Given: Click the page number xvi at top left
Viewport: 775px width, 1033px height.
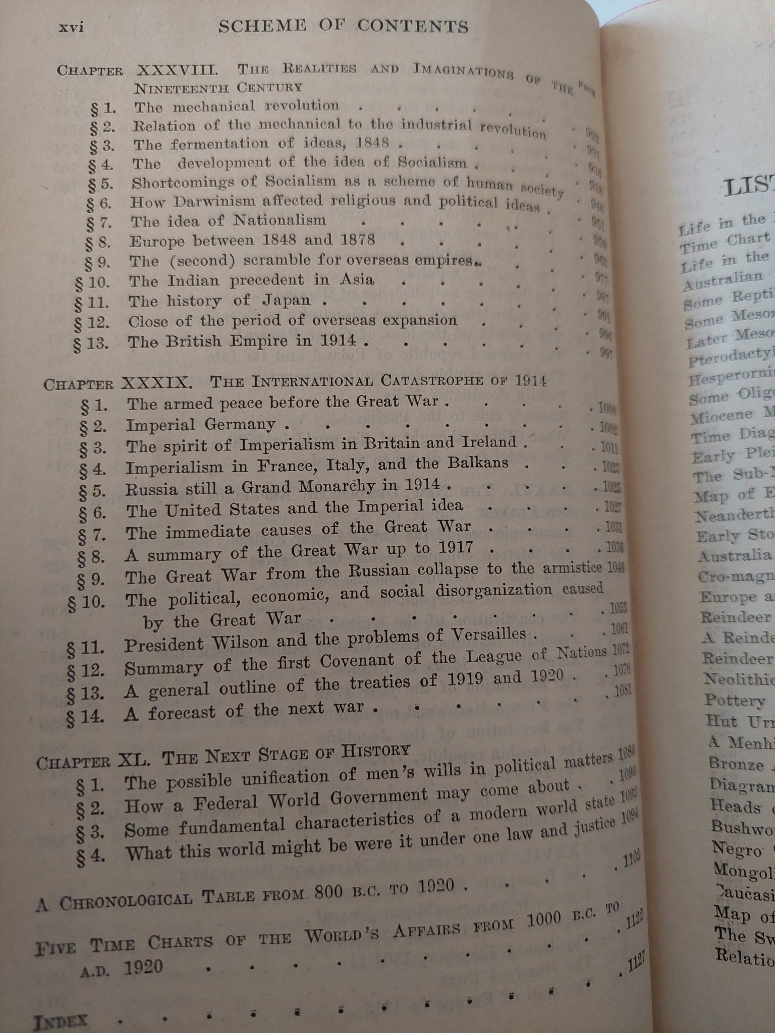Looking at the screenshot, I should click(71, 28).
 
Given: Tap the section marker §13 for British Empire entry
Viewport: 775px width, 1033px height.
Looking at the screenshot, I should click(91, 343).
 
